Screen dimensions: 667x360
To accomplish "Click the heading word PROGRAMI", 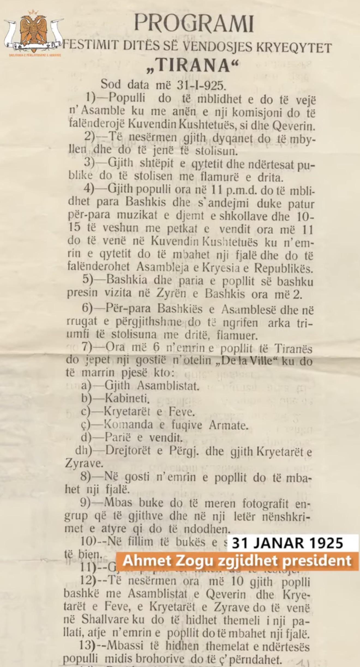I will pos(194,23).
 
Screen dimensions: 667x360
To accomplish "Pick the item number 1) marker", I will pos(90,98).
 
